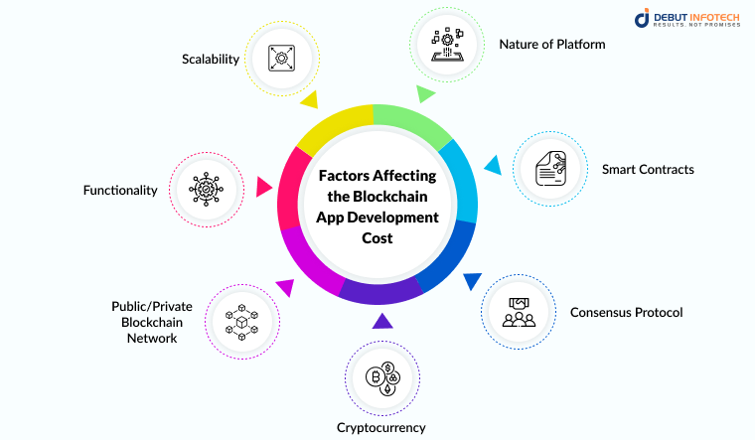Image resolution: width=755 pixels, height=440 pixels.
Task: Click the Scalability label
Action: tap(211, 59)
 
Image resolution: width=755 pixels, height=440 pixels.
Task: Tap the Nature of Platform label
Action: tap(552, 45)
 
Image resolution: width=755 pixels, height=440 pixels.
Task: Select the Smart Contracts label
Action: tap(648, 170)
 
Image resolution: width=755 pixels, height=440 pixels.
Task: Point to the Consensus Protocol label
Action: tap(626, 313)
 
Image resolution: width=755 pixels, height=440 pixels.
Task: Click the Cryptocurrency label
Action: tap(380, 428)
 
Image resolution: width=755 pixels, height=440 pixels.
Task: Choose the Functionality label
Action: tap(120, 190)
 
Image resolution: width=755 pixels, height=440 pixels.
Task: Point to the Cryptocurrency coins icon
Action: tap(381, 381)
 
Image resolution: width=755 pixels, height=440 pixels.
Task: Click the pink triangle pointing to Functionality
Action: tap(263, 186)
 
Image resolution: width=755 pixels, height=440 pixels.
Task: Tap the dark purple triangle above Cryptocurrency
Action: tap(380, 321)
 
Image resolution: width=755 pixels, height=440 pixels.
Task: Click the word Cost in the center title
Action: tap(377, 238)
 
